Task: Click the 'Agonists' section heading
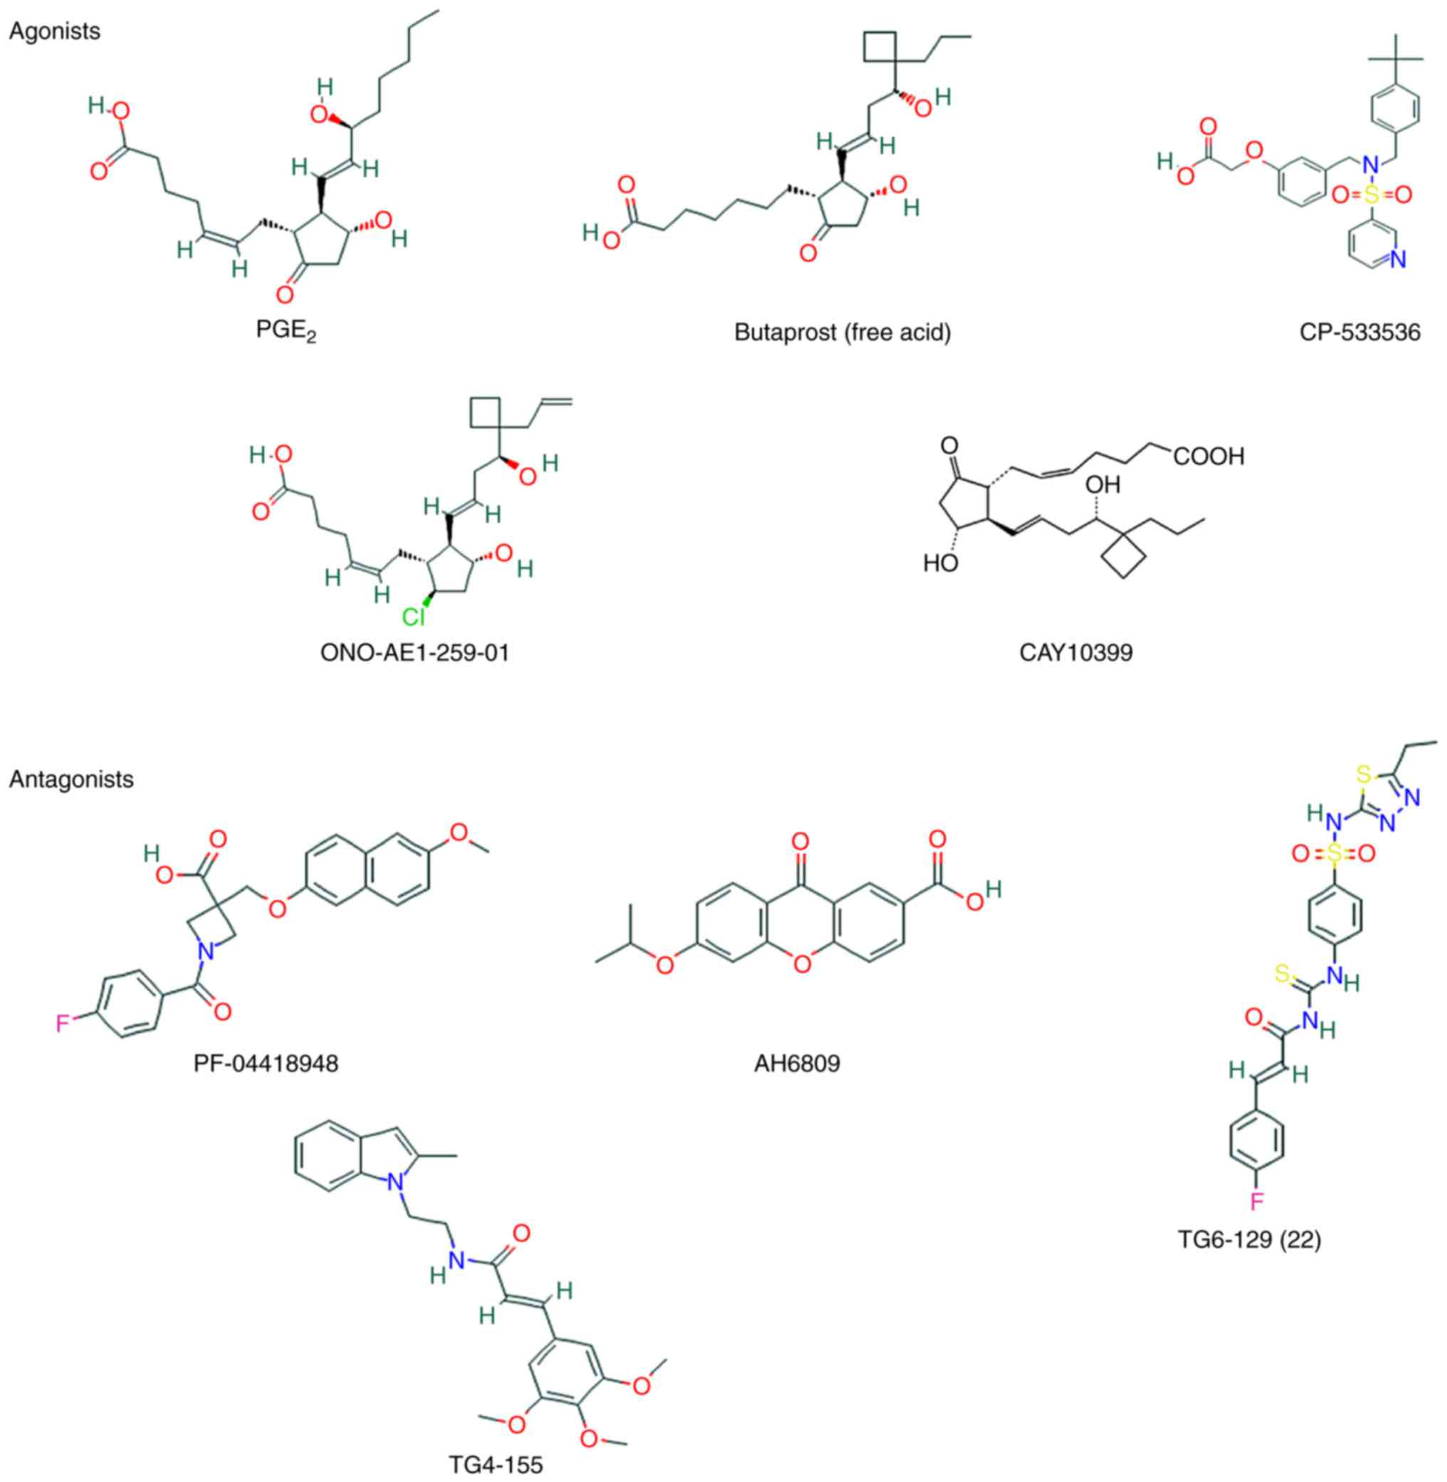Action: [54, 32]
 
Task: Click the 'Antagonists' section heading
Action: [71, 779]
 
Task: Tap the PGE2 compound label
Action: [285, 332]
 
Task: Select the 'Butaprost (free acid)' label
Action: [842, 332]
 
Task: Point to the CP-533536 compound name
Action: [1359, 332]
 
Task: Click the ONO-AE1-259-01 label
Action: [415, 652]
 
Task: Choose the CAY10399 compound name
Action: [1075, 652]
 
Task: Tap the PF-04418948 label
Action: [266, 1063]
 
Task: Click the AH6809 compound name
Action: [798, 1063]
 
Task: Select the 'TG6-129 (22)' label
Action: [1250, 1240]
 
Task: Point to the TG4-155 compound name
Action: [496, 1463]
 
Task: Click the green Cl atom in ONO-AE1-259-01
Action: [413, 617]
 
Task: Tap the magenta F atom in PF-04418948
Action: [63, 1023]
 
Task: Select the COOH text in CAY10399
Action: [1208, 456]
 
